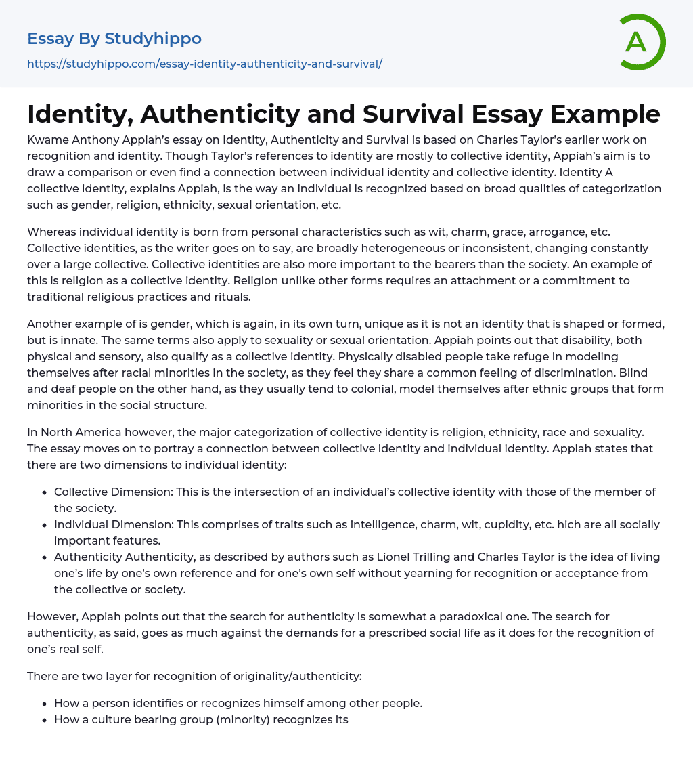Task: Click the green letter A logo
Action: coord(636,42)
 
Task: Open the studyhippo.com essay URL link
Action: coord(204,64)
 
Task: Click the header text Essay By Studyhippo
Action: coord(114,39)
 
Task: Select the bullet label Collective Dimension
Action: coord(112,492)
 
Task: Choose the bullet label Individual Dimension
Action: coord(112,524)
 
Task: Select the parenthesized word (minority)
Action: coord(244,719)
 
